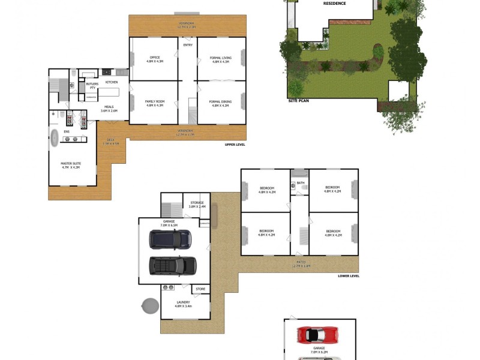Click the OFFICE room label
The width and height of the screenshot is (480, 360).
point(155,59)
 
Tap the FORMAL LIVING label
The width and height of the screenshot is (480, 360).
point(220,59)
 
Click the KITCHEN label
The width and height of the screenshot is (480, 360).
point(112,82)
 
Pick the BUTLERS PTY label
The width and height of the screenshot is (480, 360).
point(92,86)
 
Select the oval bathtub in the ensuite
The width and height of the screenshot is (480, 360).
point(54,138)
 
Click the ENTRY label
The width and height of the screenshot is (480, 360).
point(188,45)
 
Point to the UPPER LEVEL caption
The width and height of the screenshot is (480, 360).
point(235,145)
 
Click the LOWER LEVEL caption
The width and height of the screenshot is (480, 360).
point(349,276)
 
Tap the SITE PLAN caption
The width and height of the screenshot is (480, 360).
point(298,101)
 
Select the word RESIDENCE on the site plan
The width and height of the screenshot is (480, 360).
point(334,4)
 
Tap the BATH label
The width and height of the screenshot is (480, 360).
point(300,183)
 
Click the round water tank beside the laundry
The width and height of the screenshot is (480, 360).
point(150,307)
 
